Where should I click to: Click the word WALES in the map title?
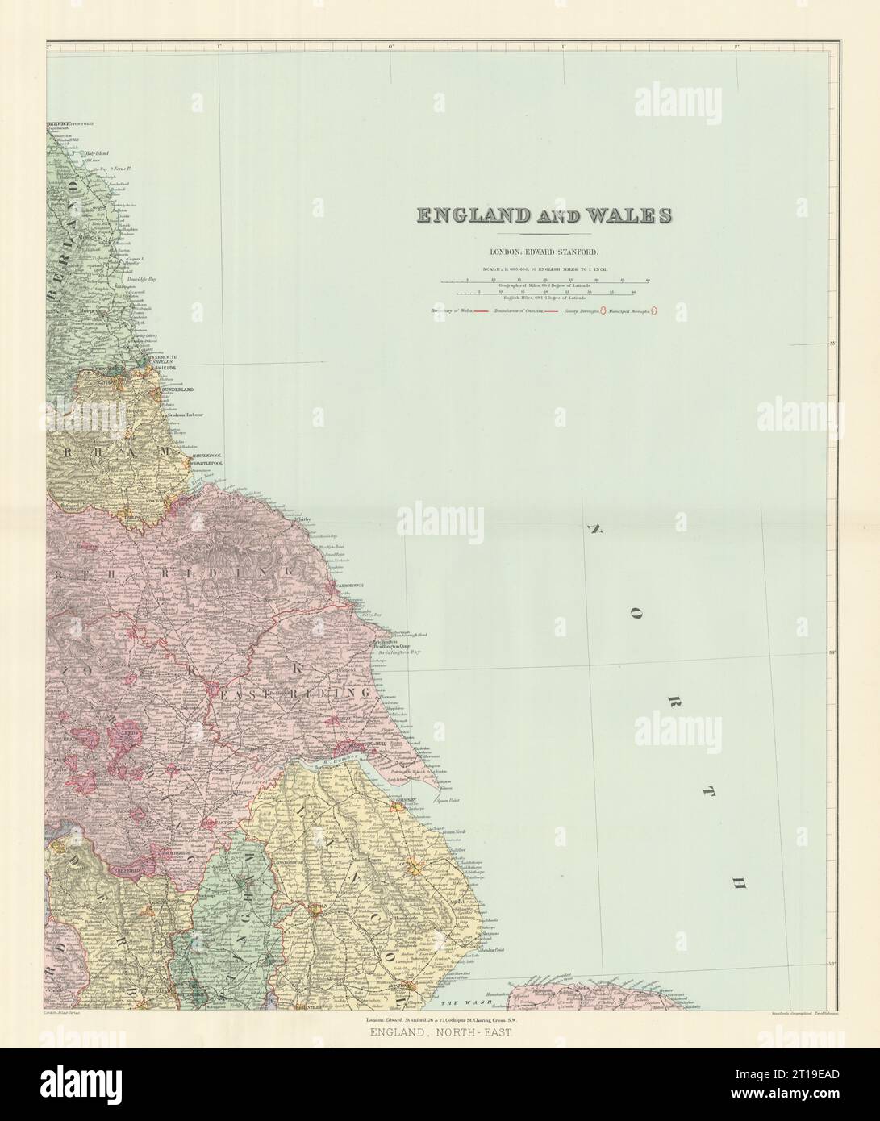tap(630, 215)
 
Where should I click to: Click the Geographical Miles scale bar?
tap(545, 282)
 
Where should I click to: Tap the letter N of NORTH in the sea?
tap(597, 529)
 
